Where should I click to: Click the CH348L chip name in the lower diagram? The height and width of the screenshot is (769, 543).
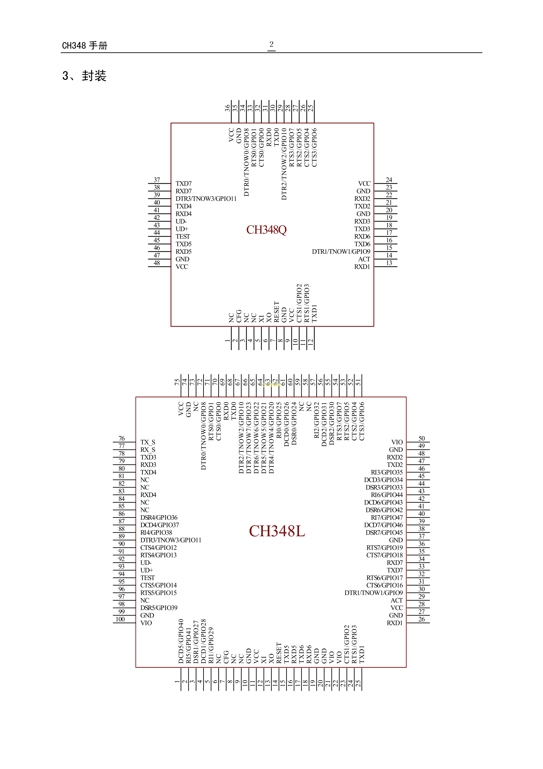[x=277, y=531]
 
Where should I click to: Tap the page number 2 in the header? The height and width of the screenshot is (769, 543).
[x=271, y=44]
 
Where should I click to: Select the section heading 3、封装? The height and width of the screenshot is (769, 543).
[x=84, y=76]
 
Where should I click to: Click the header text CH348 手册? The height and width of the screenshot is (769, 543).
[x=85, y=46]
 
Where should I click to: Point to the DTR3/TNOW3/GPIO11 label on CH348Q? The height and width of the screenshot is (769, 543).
[x=206, y=199]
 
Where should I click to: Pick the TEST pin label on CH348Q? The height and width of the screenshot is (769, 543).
[x=183, y=236]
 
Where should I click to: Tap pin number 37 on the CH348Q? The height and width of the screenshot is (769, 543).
[x=157, y=180]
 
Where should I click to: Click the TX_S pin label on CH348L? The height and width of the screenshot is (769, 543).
[x=148, y=442]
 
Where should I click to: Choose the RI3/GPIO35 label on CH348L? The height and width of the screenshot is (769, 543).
[x=386, y=472]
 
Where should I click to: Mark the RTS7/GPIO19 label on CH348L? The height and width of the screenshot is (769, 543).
[x=384, y=548]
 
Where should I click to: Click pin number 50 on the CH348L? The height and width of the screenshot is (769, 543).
[x=421, y=439]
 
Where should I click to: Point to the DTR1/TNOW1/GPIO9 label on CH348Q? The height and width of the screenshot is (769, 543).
[x=341, y=252]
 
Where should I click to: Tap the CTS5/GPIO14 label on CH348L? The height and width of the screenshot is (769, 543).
[x=158, y=585]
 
